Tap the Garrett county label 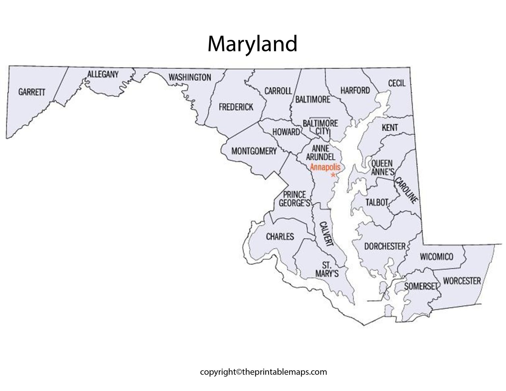click(32, 92)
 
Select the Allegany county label click(102, 74)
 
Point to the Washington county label click(190, 77)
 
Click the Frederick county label click(236, 107)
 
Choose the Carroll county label click(278, 91)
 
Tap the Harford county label click(355, 90)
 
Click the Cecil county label click(397, 83)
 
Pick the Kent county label click(390, 127)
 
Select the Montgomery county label click(254, 151)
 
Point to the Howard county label click(286, 132)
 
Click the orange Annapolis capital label click(325, 167)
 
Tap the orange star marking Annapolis click(333, 175)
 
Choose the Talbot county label click(377, 202)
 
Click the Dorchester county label click(384, 246)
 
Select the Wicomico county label click(436, 257)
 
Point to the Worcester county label click(462, 281)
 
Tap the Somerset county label click(420, 286)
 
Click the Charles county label click(280, 237)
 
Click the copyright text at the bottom click(263, 372)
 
